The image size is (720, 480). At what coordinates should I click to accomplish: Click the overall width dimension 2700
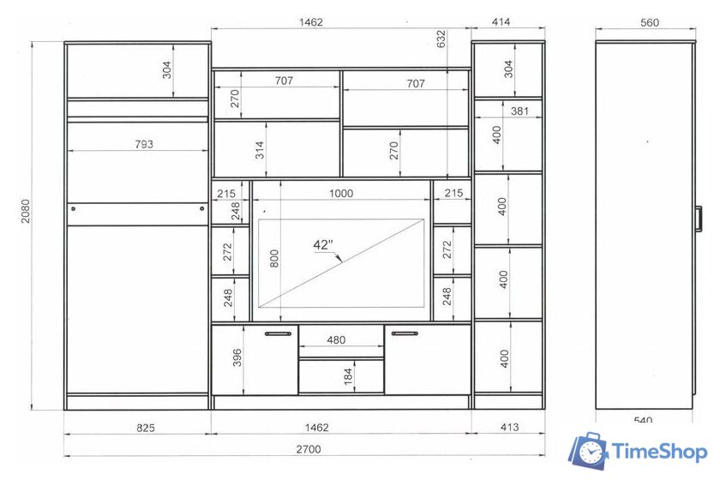coord(308,449)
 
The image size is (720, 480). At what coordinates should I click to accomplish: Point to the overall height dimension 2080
coord(25,211)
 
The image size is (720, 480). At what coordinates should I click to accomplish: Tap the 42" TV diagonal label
coord(323,245)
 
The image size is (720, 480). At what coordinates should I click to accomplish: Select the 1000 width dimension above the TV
coord(341,194)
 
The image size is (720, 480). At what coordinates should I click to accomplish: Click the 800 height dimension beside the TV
coord(274,259)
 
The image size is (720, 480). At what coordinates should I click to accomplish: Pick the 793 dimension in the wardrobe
coord(144,144)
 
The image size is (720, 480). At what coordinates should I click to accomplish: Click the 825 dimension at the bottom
coord(146,428)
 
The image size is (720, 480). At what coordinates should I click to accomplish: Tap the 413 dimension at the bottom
coord(509,427)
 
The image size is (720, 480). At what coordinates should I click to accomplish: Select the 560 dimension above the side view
coord(650,22)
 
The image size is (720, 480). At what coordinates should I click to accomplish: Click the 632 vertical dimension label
coord(441,39)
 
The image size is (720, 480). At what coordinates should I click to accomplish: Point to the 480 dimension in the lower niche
coord(336,340)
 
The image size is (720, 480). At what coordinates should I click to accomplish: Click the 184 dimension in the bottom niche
coord(348,375)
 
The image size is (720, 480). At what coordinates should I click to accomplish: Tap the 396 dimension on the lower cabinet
coord(237,357)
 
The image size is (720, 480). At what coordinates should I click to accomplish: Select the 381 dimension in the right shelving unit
coord(519,111)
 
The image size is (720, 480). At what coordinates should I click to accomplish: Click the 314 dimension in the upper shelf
coord(260,150)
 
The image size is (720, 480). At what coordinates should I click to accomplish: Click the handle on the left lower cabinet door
coord(278,334)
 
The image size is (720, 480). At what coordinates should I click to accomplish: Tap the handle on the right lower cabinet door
coord(405,333)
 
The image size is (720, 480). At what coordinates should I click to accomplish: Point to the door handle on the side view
coord(699,219)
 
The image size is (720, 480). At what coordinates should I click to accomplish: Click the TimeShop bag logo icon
coord(589,451)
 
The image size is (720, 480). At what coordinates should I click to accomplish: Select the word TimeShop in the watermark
coord(660,452)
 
